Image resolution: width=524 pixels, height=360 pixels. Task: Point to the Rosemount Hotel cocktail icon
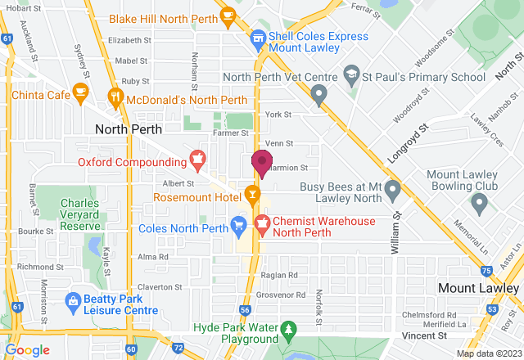point(252,195)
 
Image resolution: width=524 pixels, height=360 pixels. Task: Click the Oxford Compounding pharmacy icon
point(196,157)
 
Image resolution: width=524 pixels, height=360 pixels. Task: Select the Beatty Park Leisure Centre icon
point(73,301)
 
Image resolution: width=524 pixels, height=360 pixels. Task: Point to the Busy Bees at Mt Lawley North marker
point(392,192)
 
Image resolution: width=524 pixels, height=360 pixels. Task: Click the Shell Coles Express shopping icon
point(257,38)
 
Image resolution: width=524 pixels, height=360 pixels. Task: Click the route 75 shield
point(486,271)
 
